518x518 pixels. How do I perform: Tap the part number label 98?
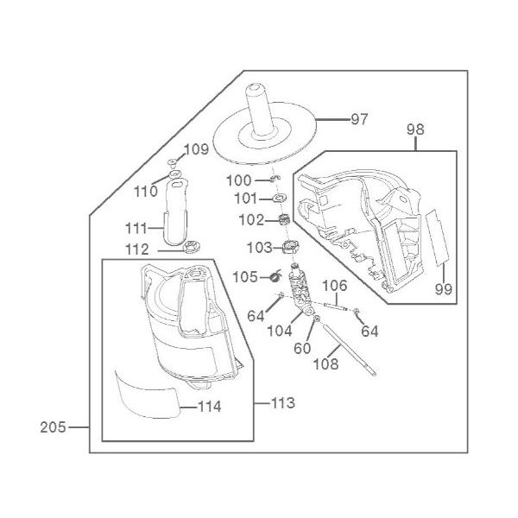pos(416,129)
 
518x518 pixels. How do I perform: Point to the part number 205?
pos(53,426)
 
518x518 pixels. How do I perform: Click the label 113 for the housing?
pos(282,403)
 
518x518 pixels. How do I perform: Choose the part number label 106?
pos(335,285)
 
